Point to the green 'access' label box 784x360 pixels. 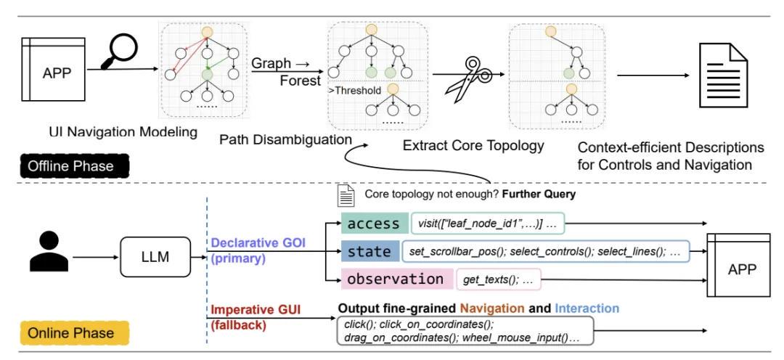373,224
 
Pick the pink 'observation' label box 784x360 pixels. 395,279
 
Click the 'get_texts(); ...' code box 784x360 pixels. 498,279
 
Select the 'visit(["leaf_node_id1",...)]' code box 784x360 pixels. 487,224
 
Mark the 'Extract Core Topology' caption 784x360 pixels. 474,146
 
